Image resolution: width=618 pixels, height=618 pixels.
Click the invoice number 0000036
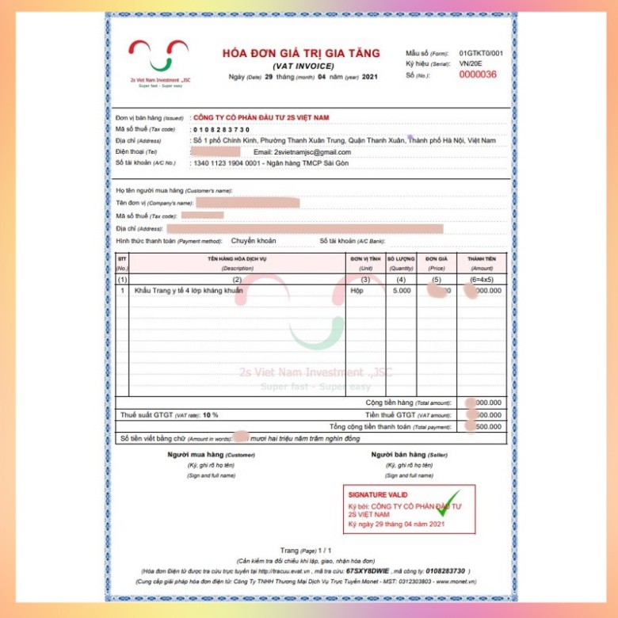[478, 74]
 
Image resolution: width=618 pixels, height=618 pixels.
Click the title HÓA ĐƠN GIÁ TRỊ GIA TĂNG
[301, 53]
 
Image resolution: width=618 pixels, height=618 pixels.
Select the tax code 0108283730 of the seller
[221, 129]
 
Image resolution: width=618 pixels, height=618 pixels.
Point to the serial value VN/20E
[470, 63]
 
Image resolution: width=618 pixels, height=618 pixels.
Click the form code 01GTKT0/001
[481, 52]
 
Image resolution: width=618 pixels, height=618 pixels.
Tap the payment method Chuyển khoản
[254, 240]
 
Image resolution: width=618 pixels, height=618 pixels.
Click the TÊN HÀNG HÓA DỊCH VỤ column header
[237, 258]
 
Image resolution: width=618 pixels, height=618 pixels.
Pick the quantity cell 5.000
[402, 291]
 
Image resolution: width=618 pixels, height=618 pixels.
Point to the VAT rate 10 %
[210, 414]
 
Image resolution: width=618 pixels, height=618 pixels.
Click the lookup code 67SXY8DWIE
[368, 570]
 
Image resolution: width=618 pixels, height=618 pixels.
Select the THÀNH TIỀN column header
[481, 258]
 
